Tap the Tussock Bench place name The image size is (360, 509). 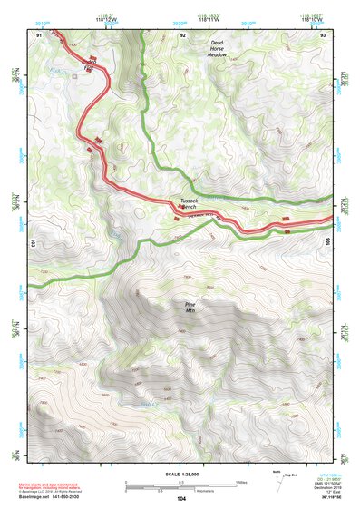[x=194, y=204]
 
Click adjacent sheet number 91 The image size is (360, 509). [x=39, y=34]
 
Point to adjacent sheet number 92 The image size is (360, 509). [x=183, y=34]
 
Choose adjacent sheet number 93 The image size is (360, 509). [x=323, y=34]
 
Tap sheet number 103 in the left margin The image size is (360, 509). [x=32, y=243]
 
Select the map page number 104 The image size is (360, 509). [x=182, y=499]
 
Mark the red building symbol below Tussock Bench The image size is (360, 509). [x=176, y=218]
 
